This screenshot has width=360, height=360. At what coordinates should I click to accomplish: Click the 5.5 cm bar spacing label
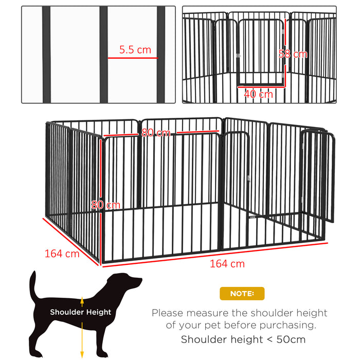[135, 50]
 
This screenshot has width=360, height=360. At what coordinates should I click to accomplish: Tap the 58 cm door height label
[293, 53]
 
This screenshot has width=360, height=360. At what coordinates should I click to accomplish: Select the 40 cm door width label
[258, 94]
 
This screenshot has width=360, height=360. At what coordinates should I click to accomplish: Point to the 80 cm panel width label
[156, 133]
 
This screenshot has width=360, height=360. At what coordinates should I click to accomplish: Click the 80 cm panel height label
[105, 205]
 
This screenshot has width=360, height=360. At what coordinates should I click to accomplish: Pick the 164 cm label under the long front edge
[227, 264]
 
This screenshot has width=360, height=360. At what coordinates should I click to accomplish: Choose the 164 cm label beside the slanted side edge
[62, 253]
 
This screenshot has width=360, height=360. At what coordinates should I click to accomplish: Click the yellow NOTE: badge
[242, 294]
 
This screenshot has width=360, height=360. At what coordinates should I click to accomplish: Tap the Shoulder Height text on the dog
[80, 312]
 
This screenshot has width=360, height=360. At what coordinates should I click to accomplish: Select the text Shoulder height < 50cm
[243, 339]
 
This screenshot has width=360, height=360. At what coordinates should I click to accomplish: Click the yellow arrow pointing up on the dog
[82, 301]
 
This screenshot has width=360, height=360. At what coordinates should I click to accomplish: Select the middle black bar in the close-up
[103, 54]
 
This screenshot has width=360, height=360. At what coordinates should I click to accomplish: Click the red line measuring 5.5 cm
[133, 58]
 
